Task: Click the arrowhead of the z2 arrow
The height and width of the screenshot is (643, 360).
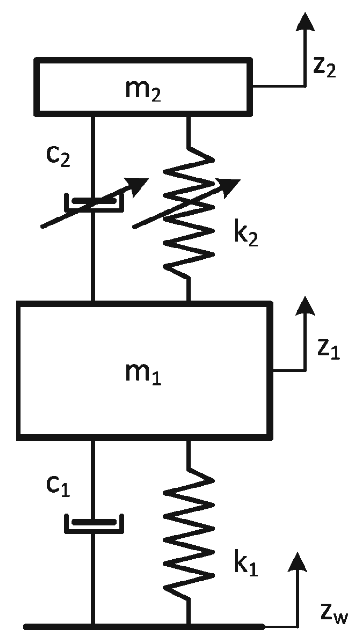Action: tap(305, 21)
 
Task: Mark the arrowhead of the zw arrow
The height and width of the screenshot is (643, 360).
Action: tap(297, 561)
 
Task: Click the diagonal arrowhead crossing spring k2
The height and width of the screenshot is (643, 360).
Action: tap(230, 185)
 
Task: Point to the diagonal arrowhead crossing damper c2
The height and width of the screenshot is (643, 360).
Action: tap(139, 185)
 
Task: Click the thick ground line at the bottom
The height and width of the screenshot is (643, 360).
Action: tap(141, 627)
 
